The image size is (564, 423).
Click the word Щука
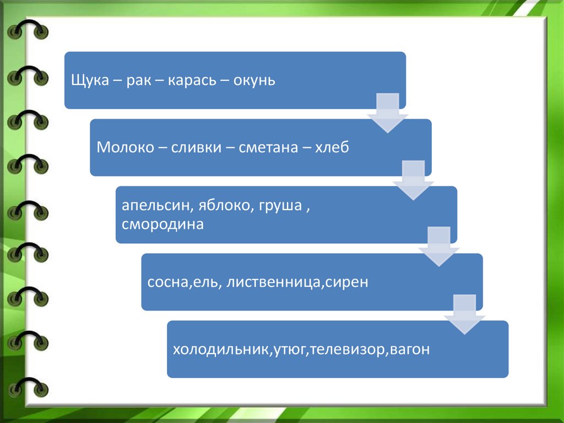89,81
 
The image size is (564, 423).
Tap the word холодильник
219,350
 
